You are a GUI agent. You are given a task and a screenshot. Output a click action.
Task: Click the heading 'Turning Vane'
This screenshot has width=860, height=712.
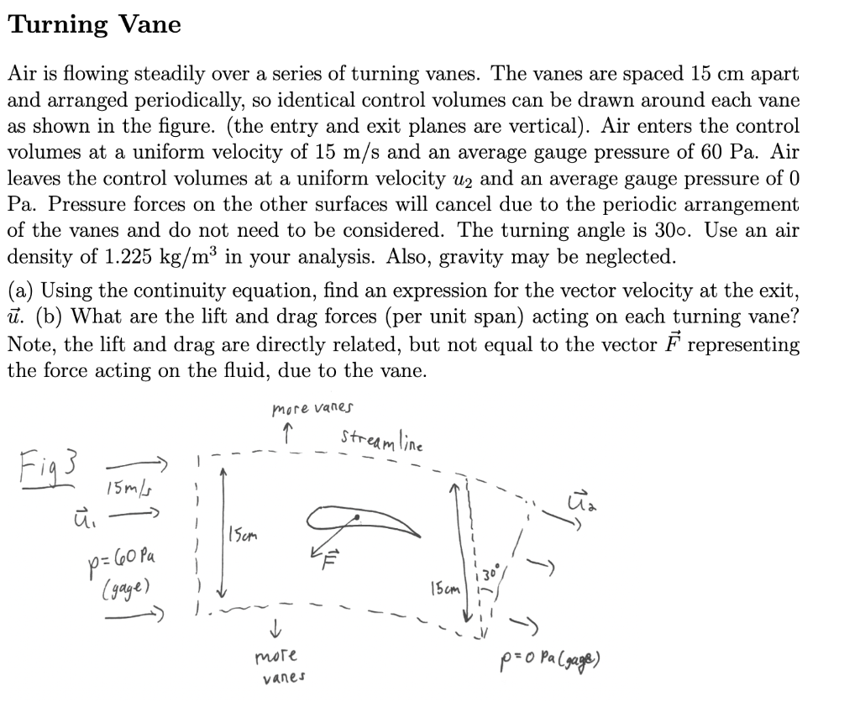click(94, 25)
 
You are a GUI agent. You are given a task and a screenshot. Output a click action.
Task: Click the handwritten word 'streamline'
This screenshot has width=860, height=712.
click(383, 440)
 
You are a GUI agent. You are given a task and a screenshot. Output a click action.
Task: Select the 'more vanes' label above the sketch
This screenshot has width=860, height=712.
click(312, 409)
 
